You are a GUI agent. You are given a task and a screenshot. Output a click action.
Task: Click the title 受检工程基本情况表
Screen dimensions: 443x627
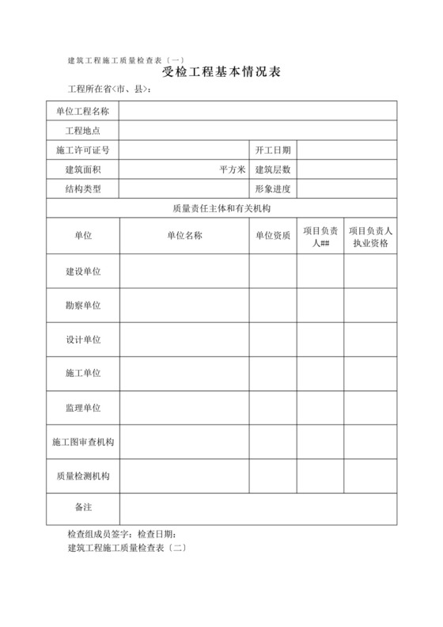[221, 73]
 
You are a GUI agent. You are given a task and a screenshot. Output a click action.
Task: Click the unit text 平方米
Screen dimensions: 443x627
[233, 169]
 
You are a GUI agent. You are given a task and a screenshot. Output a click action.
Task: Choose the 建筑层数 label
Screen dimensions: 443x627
[273, 169]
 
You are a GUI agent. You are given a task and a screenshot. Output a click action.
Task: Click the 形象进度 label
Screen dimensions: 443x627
[273, 189]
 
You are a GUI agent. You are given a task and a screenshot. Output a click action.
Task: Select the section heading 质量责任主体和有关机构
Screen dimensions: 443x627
[221, 209]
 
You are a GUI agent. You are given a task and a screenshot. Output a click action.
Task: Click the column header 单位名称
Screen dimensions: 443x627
[184, 236]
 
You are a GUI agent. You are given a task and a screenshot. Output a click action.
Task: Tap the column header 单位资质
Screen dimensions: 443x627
[273, 236]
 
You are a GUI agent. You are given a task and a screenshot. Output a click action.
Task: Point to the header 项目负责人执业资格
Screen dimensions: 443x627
[370, 237]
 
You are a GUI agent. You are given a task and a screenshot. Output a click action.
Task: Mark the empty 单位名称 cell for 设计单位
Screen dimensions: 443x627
[184, 339]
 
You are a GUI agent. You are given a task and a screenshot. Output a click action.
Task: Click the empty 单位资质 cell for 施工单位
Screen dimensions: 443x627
[273, 373]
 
